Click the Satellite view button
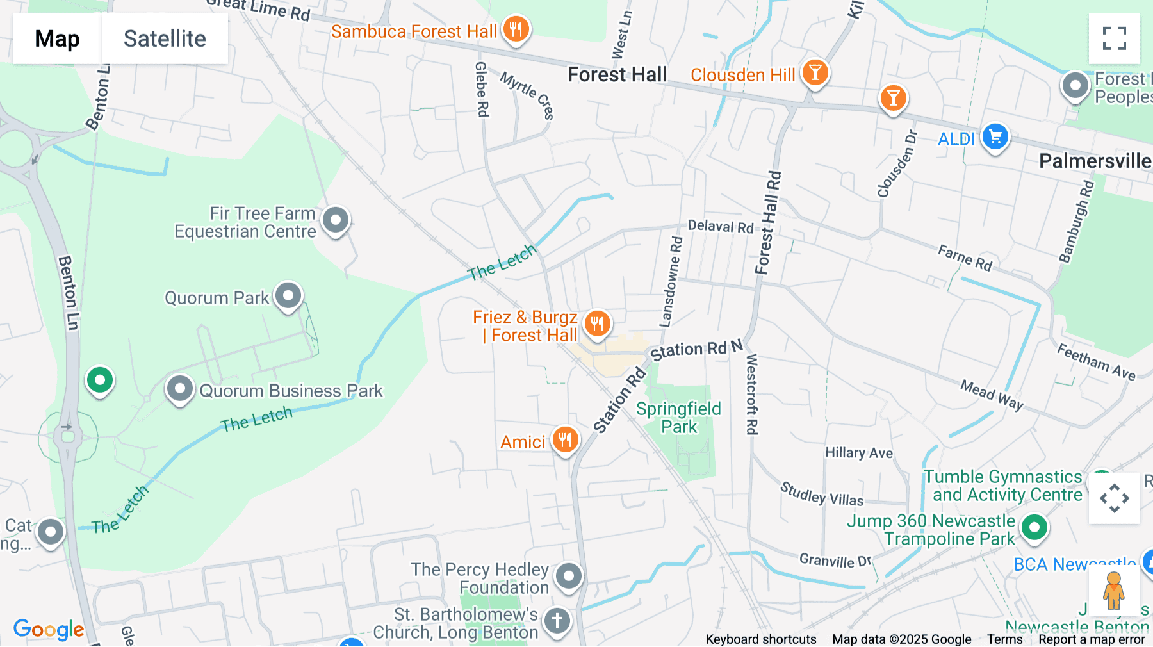click(165, 38)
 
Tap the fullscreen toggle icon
click(1114, 38)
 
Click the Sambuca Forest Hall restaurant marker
click(516, 29)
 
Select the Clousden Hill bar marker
click(815, 72)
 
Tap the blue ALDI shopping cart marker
click(995, 136)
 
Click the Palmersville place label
click(1094, 161)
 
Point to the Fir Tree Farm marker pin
click(336, 220)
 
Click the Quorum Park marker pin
click(288, 296)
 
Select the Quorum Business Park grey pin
click(180, 388)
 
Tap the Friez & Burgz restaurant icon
click(597, 323)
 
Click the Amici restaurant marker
click(565, 440)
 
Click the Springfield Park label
click(678, 418)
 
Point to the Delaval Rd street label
click(720, 226)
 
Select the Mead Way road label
click(991, 394)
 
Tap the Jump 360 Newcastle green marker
click(1034, 528)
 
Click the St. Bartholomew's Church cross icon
click(557, 620)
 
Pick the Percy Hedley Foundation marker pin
click(568, 576)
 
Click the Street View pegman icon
click(1113, 591)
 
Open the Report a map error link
click(1092, 639)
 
